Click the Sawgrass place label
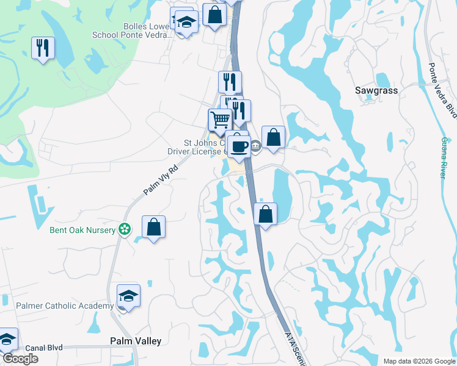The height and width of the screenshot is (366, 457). point(376,90)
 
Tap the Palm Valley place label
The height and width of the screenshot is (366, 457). point(136,342)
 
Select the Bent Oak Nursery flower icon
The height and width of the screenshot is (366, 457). point(125,230)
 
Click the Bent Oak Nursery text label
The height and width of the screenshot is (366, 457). point(82,230)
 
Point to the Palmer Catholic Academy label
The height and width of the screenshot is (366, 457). point(65,306)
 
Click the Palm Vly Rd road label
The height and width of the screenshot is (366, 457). point(160,180)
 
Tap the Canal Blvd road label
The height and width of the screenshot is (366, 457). point(44,348)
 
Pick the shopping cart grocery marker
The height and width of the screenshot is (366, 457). point(220,119)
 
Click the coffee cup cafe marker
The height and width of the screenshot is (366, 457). point(238,145)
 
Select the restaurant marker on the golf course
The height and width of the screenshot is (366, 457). point(43,48)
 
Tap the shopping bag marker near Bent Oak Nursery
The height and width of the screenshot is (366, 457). point(154,228)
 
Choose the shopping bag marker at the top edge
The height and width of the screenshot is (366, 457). point(214,15)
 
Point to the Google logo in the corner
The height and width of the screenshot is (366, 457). point(20,359)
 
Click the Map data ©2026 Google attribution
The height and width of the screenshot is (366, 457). point(419,361)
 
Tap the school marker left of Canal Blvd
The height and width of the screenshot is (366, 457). point(7,339)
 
